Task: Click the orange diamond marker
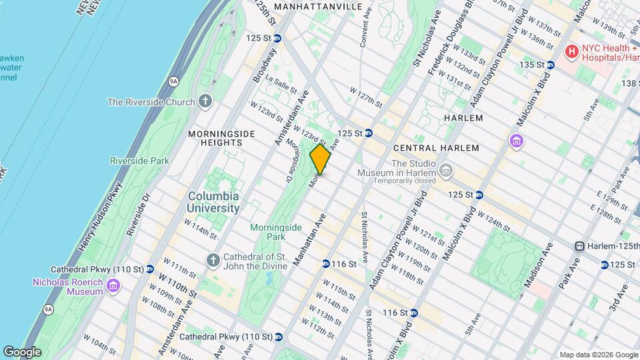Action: point(320,160)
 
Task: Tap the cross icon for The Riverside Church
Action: point(205,102)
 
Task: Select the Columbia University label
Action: point(213,202)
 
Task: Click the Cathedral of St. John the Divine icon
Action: point(213,261)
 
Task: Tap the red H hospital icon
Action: point(571,51)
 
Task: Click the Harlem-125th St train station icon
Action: point(581,246)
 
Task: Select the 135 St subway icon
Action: point(550,65)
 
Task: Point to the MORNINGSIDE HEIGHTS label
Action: point(222,138)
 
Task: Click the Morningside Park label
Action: point(276,231)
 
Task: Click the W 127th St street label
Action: point(367,97)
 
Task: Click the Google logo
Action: point(22,351)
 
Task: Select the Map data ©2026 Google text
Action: point(598,355)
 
